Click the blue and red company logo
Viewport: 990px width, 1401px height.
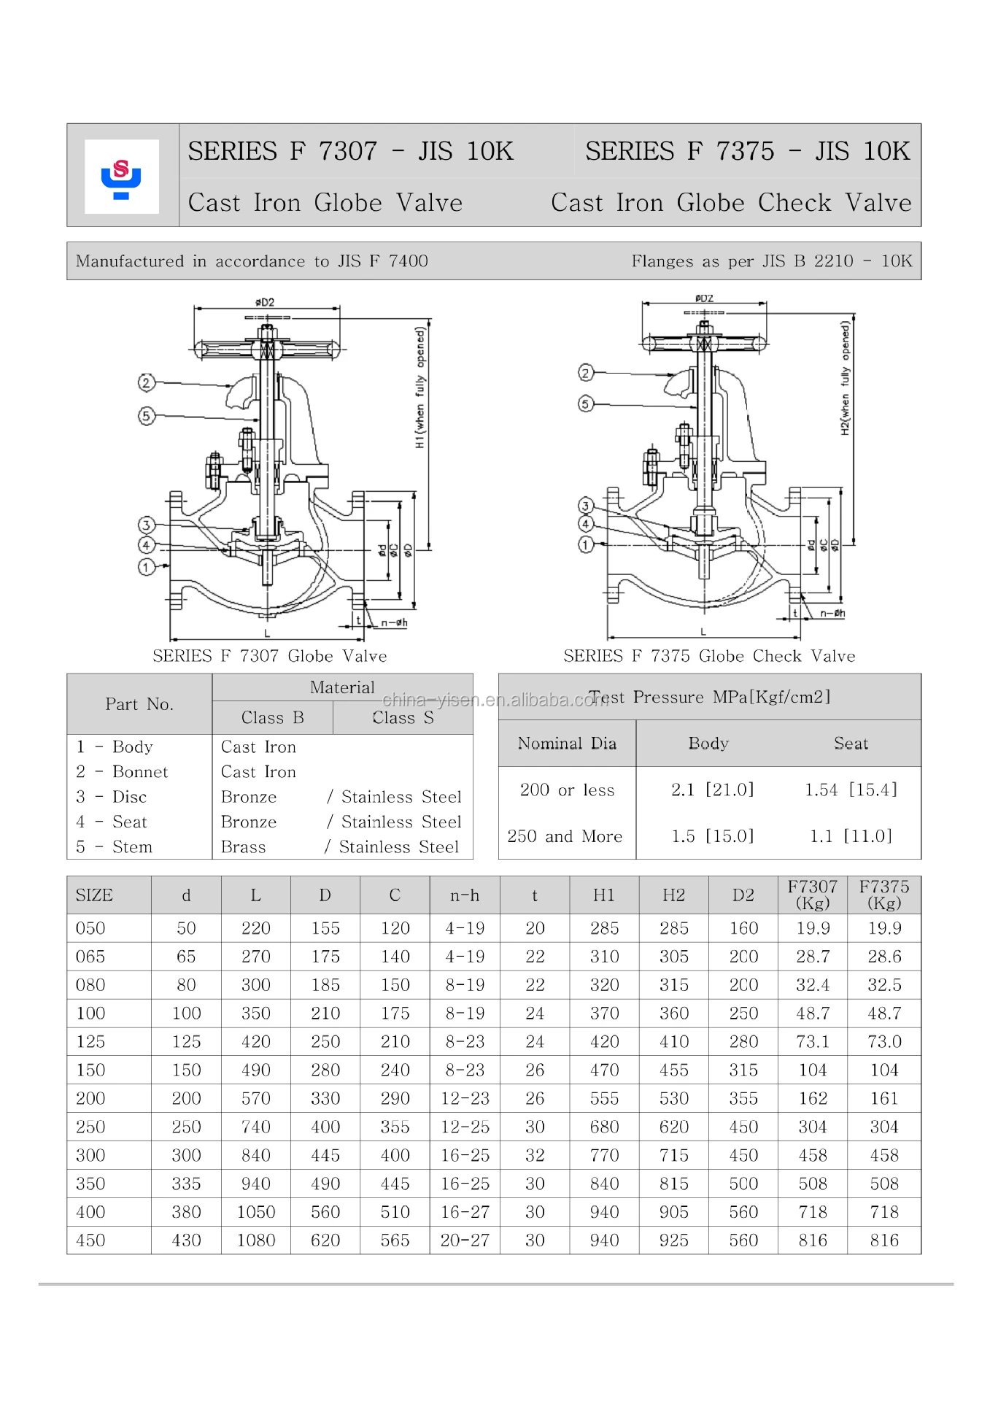[121, 177]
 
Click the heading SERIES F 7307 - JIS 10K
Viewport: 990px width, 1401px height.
[350, 151]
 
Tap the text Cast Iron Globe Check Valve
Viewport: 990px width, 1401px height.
[731, 202]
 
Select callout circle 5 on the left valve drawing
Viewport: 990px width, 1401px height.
[147, 416]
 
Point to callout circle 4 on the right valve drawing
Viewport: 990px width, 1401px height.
[586, 524]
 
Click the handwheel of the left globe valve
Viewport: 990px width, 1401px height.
[268, 350]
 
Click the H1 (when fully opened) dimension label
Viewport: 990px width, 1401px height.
[420, 387]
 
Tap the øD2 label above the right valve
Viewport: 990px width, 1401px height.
[704, 298]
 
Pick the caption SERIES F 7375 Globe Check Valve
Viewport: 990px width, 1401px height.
[709, 656]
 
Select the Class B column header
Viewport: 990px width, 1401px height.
[272, 718]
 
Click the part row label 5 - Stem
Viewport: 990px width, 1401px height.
[115, 846]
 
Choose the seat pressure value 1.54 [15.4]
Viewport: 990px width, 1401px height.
[851, 790]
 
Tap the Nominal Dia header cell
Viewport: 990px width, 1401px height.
[567, 744]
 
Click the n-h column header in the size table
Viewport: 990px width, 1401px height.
[465, 895]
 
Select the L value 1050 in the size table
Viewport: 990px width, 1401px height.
[256, 1212]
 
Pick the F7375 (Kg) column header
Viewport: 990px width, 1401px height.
[883, 895]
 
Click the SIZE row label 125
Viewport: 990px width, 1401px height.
[90, 1041]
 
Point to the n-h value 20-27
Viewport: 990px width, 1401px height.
[465, 1240]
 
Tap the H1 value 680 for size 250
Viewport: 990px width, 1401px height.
[604, 1127]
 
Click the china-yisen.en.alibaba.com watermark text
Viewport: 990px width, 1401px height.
[495, 700]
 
